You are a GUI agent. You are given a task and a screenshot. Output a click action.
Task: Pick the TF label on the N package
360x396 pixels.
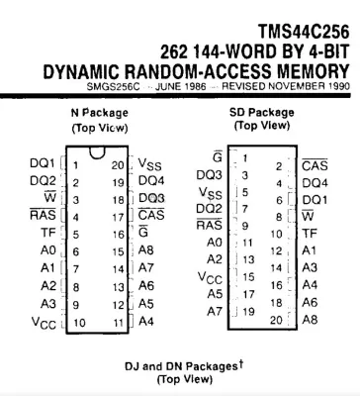[47, 236]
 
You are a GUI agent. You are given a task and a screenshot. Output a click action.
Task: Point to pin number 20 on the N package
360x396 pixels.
[118, 163]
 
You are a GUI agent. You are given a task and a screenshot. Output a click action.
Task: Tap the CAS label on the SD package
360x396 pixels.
[315, 164]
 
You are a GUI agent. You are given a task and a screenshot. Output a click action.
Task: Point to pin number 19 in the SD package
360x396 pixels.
[250, 311]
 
